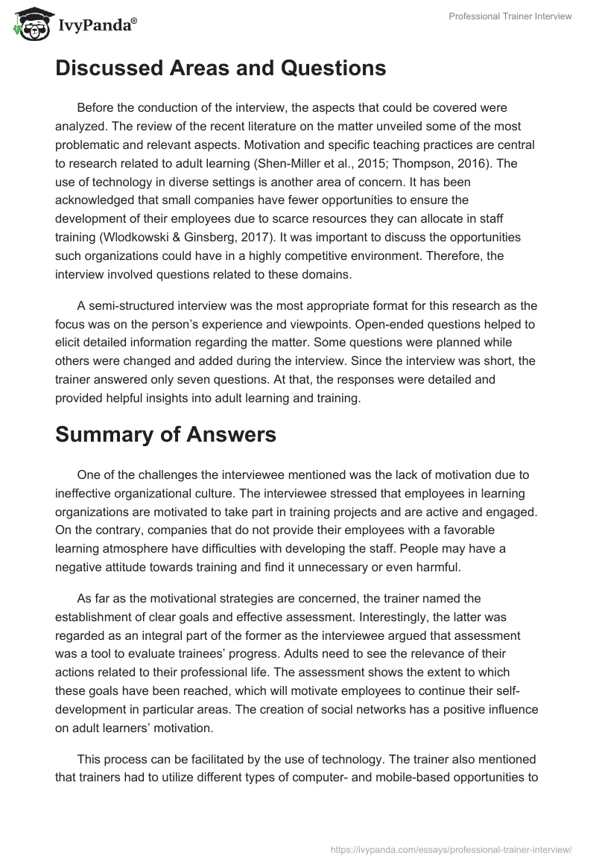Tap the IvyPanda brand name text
[x=96, y=26]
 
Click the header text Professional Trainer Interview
[x=510, y=17]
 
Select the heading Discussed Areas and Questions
[x=221, y=69]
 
